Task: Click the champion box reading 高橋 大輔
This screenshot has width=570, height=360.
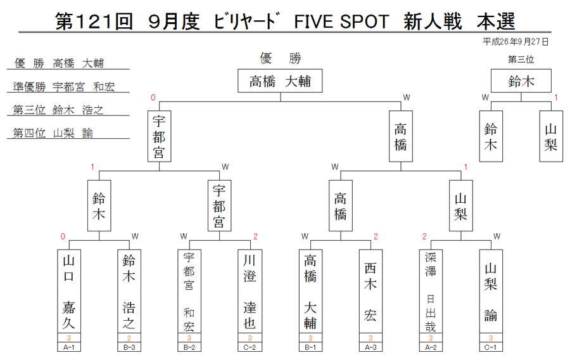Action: pyautogui.click(x=280, y=80)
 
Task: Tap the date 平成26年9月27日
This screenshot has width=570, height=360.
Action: pyautogui.click(x=516, y=42)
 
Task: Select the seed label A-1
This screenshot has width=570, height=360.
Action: pyautogui.click(x=68, y=347)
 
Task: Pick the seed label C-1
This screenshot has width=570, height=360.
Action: pyautogui.click(x=491, y=347)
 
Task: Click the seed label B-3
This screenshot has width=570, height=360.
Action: pyautogui.click(x=129, y=347)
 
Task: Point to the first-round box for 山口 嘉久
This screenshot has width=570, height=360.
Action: pyautogui.click(x=68, y=291)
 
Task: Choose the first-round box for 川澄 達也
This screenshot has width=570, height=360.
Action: pyautogui.click(x=250, y=291)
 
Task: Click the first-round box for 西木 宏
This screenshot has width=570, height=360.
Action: pyautogui.click(x=370, y=291)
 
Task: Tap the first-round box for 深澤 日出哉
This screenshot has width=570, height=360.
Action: pyautogui.click(x=431, y=291)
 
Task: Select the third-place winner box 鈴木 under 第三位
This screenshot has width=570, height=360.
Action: pyautogui.click(x=521, y=80)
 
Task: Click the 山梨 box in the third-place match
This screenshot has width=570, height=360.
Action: pyautogui.click(x=551, y=136)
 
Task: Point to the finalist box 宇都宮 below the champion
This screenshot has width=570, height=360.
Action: pyautogui.click(x=159, y=136)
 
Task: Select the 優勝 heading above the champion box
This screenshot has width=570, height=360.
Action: pyautogui.click(x=281, y=58)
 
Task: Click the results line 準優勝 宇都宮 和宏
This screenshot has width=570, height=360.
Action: pyautogui.click(x=64, y=87)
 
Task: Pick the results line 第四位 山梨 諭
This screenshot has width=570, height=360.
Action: pyautogui.click(x=53, y=133)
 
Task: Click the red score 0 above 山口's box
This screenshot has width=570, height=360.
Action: pyautogui.click(x=63, y=237)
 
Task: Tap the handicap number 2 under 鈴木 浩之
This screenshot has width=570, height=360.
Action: pyautogui.click(x=129, y=338)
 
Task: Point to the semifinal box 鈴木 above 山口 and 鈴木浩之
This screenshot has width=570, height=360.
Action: pyautogui.click(x=99, y=205)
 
